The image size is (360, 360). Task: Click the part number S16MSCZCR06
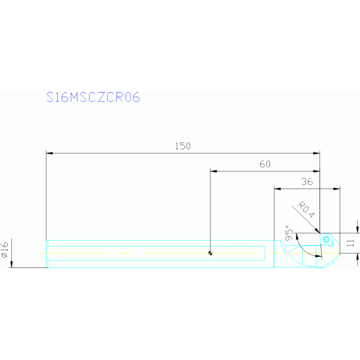(x=93, y=97)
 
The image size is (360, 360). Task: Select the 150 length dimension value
(x=183, y=146)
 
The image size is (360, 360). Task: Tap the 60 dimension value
(x=265, y=164)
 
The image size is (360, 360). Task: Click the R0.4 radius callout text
(x=306, y=210)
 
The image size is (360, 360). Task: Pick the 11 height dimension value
(x=349, y=243)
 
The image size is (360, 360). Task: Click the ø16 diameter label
(x=5, y=249)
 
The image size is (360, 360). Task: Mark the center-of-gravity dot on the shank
(x=210, y=253)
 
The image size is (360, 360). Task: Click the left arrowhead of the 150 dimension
(x=49, y=153)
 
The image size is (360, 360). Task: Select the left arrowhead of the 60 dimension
(x=213, y=171)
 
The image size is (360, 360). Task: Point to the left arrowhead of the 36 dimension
(x=277, y=189)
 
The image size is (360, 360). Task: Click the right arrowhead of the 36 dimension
(x=337, y=189)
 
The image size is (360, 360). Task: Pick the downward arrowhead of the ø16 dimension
(x=11, y=265)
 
